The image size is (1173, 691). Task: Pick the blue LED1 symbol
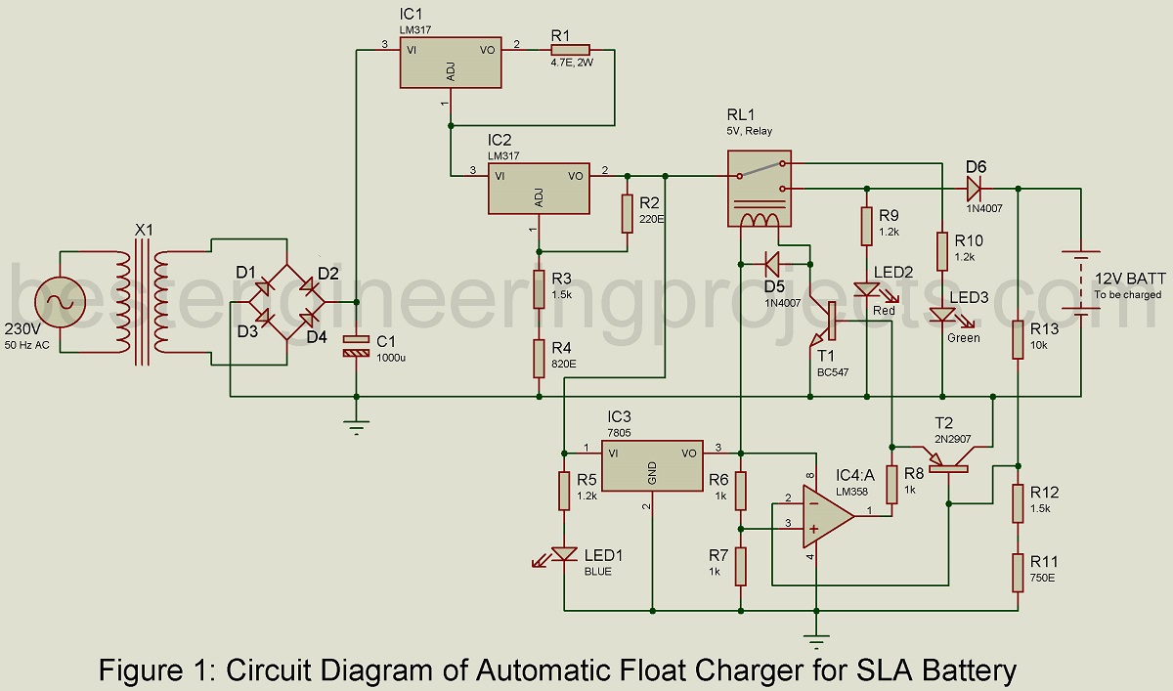pos(564,554)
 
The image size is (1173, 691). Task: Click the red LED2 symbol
pos(866,290)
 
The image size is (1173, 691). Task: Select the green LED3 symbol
pos(940,316)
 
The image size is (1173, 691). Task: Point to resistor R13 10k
pos(1018,337)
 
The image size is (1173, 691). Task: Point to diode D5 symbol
pos(771,262)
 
